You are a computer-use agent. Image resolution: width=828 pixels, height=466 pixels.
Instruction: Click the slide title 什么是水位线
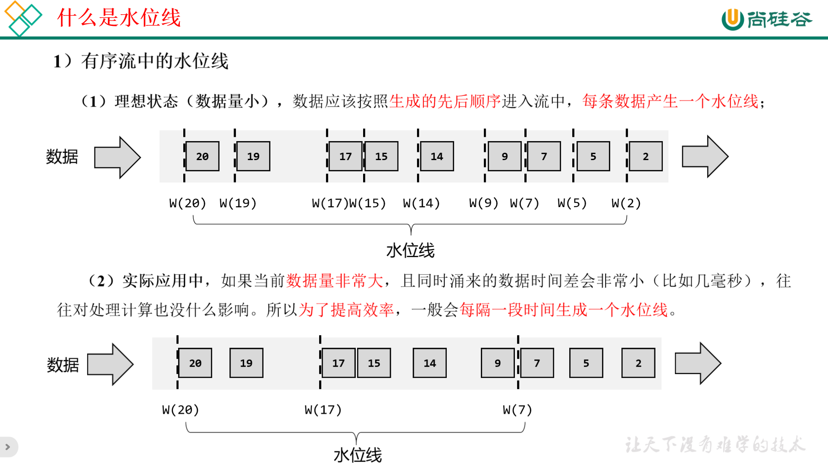119,18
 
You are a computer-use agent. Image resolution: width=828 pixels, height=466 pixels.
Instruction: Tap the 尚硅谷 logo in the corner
767,19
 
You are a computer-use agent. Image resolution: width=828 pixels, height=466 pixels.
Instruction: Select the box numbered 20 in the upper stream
202,156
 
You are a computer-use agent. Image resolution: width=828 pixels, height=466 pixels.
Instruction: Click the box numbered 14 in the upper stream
437,156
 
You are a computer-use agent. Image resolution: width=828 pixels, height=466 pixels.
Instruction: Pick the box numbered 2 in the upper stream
646,156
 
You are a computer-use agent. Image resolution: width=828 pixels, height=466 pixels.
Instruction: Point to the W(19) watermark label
238,203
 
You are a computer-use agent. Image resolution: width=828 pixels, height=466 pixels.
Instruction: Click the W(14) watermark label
421,203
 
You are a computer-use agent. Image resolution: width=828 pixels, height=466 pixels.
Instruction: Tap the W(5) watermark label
572,203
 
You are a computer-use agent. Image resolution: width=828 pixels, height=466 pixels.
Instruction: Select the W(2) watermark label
626,203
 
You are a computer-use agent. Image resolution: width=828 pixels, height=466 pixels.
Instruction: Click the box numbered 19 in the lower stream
246,363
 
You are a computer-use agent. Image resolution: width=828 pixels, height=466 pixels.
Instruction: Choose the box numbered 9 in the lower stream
498,363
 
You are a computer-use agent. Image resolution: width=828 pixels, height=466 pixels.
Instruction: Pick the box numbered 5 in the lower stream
586,363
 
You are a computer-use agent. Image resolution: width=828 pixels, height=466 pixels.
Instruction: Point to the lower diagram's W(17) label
323,409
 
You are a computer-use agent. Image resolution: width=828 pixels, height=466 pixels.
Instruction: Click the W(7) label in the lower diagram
517,409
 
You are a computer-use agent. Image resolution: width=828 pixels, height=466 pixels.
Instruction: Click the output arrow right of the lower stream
698,363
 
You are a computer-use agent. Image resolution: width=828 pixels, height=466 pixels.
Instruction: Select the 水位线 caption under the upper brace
410,250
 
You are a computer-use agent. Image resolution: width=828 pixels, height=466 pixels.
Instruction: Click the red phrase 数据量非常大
335,281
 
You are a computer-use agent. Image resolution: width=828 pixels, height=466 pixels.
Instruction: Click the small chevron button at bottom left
8,447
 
